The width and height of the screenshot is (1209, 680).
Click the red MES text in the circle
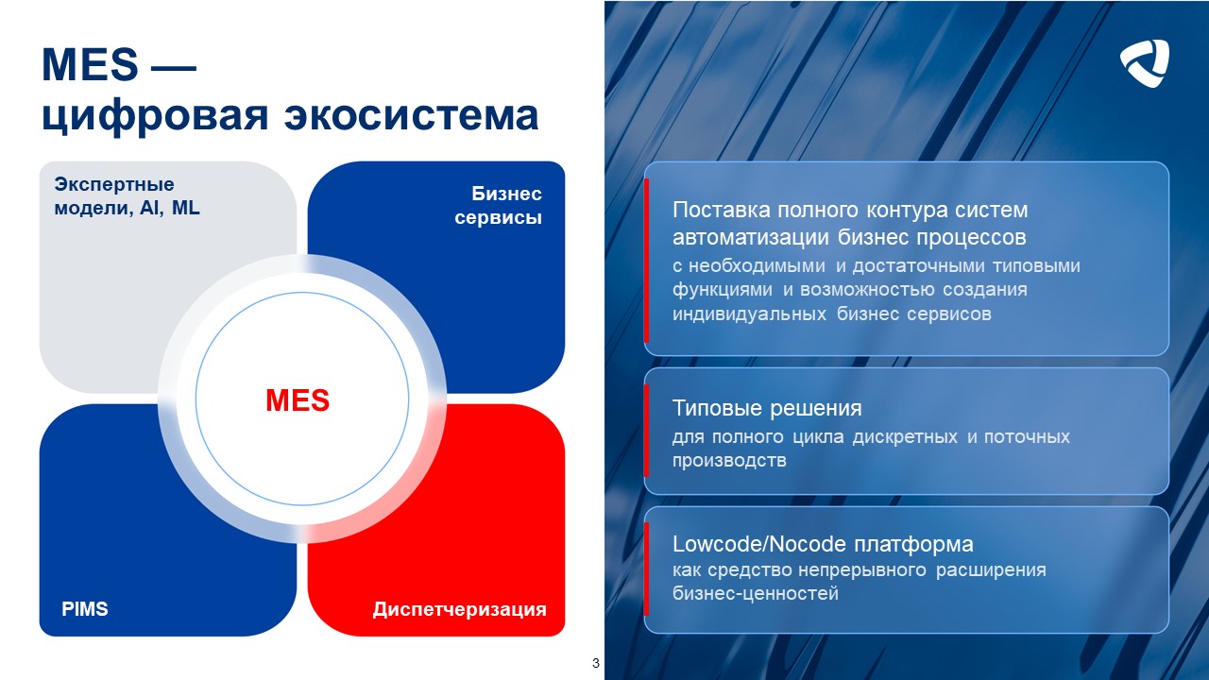click(298, 400)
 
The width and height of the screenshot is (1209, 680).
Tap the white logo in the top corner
click(1145, 63)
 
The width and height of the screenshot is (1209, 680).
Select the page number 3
click(595, 663)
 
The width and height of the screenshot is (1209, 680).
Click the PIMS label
click(85, 609)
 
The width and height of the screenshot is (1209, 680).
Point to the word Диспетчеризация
click(459, 609)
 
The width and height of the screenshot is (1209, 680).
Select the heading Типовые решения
click(767, 409)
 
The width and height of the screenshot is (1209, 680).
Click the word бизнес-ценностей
click(756, 594)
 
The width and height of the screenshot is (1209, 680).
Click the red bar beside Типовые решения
click(647, 431)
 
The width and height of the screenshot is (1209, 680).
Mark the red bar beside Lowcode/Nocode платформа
click(647, 569)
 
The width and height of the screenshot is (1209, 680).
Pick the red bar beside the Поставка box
click(647, 260)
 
